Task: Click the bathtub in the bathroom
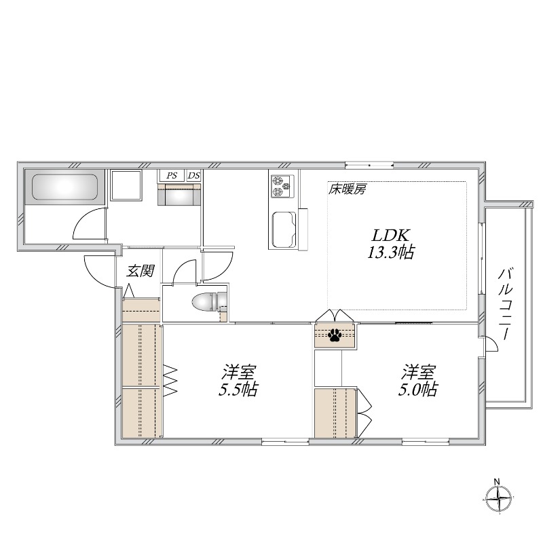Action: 64,187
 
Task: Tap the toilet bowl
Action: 206,302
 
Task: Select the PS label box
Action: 172,176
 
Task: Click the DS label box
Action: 194,176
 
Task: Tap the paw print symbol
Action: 335,334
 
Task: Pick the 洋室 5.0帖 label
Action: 419,381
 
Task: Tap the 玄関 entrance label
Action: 141,271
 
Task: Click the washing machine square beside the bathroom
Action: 126,185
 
